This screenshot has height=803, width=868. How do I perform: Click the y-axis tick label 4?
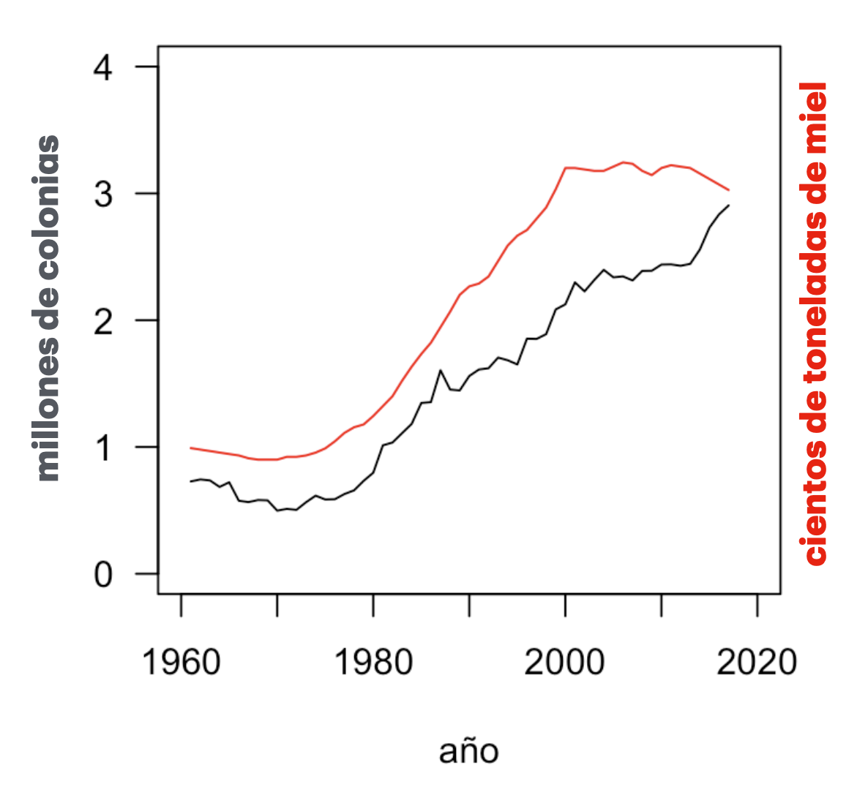[x=103, y=68]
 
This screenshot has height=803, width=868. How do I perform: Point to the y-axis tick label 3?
[x=103, y=195]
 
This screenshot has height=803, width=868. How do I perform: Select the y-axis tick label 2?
[x=103, y=321]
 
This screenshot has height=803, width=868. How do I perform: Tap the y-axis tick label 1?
[x=103, y=448]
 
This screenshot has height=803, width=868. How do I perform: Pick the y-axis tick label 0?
[x=103, y=575]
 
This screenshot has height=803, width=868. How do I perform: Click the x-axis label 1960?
[x=181, y=663]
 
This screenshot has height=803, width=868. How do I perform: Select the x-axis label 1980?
[x=373, y=663]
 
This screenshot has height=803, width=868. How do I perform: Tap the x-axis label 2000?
[x=565, y=663]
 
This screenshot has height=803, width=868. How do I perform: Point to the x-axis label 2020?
[x=756, y=663]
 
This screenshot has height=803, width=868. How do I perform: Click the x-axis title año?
[x=469, y=751]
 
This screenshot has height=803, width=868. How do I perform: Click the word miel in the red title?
[x=815, y=110]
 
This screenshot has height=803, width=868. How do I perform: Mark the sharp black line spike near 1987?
[x=441, y=371]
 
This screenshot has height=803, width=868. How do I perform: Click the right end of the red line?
[x=729, y=190]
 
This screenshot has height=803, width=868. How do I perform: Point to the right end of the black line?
[x=729, y=206]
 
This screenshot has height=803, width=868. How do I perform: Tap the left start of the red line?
[x=190, y=448]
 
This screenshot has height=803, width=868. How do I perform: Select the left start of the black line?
[x=190, y=481]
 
